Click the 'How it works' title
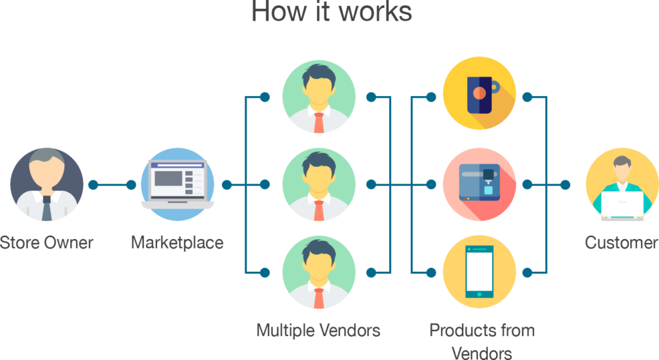[331, 12]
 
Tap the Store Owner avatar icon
[47, 185]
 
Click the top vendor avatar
[319, 97]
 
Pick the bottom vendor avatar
[319, 272]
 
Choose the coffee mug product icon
[479, 97]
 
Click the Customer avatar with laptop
[621, 185]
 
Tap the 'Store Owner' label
[46, 243]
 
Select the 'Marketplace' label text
[177, 243]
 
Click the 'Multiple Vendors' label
[319, 331]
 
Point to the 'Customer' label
[621, 243]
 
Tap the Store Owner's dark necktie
[47, 209]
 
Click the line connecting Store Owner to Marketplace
[112, 185]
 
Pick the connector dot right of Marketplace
[226, 185]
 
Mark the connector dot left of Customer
[565, 185]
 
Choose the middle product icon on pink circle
[479, 185]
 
